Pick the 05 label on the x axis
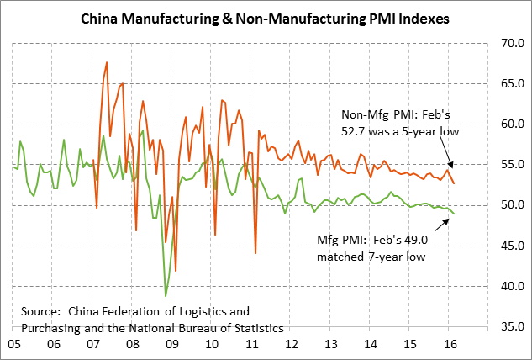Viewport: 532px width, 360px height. click(x=14, y=344)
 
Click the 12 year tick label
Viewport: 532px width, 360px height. click(x=291, y=344)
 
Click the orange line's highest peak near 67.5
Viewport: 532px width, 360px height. click(x=107, y=62)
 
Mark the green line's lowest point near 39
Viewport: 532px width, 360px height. click(x=166, y=296)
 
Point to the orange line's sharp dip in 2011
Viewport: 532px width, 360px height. click(x=255, y=252)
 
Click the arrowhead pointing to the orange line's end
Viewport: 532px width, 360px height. click(x=451, y=166)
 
